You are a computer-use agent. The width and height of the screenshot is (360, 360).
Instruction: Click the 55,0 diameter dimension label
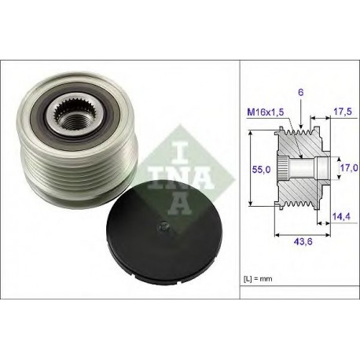coord(261,170)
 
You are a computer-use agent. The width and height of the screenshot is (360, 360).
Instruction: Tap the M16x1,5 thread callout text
coord(266,112)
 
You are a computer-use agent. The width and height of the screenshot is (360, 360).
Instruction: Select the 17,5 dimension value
coord(342,112)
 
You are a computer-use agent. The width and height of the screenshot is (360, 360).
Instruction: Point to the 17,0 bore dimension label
coord(349,167)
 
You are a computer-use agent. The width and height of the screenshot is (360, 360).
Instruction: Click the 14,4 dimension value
coord(341,216)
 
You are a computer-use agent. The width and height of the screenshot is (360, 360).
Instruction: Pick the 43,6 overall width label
coord(303,241)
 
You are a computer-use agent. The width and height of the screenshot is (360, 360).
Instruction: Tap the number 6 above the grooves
coord(301,92)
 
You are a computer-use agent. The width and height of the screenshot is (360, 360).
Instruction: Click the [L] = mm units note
coord(258,279)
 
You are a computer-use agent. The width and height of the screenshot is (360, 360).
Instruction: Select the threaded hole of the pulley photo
coord(75,120)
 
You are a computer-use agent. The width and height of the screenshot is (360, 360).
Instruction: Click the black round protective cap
coord(163,232)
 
